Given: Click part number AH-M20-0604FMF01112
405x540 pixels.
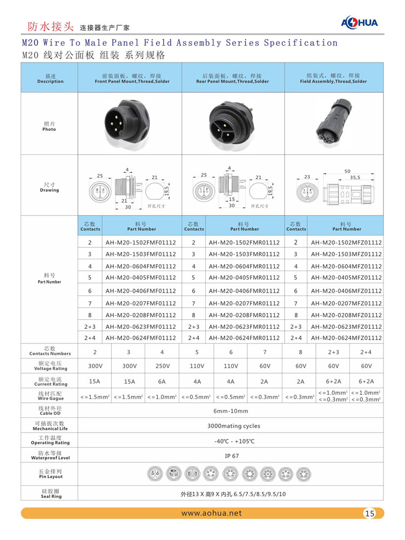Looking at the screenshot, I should [x=141, y=266].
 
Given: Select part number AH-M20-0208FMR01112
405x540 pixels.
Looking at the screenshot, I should [x=244, y=315].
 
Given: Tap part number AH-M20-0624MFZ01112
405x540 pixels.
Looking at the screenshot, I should [x=346, y=338].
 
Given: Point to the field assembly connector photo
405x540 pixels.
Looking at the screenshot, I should [x=334, y=124].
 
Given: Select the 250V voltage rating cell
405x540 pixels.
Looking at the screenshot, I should [x=162, y=366].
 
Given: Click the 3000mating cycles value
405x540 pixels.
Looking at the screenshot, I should [x=233, y=426].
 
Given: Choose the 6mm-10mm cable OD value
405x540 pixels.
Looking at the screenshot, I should [x=231, y=411].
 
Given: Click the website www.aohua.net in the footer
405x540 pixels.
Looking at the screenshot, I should [x=212, y=513].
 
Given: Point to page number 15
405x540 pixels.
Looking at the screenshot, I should [x=370, y=514].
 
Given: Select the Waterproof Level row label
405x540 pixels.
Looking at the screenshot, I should [x=50, y=455].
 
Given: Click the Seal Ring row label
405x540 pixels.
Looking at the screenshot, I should [x=50, y=494].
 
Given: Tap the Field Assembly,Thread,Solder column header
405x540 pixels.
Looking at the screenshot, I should [x=333, y=79].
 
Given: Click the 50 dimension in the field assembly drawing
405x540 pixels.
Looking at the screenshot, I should [x=347, y=171].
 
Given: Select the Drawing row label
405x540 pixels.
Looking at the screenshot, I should [x=50, y=187].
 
